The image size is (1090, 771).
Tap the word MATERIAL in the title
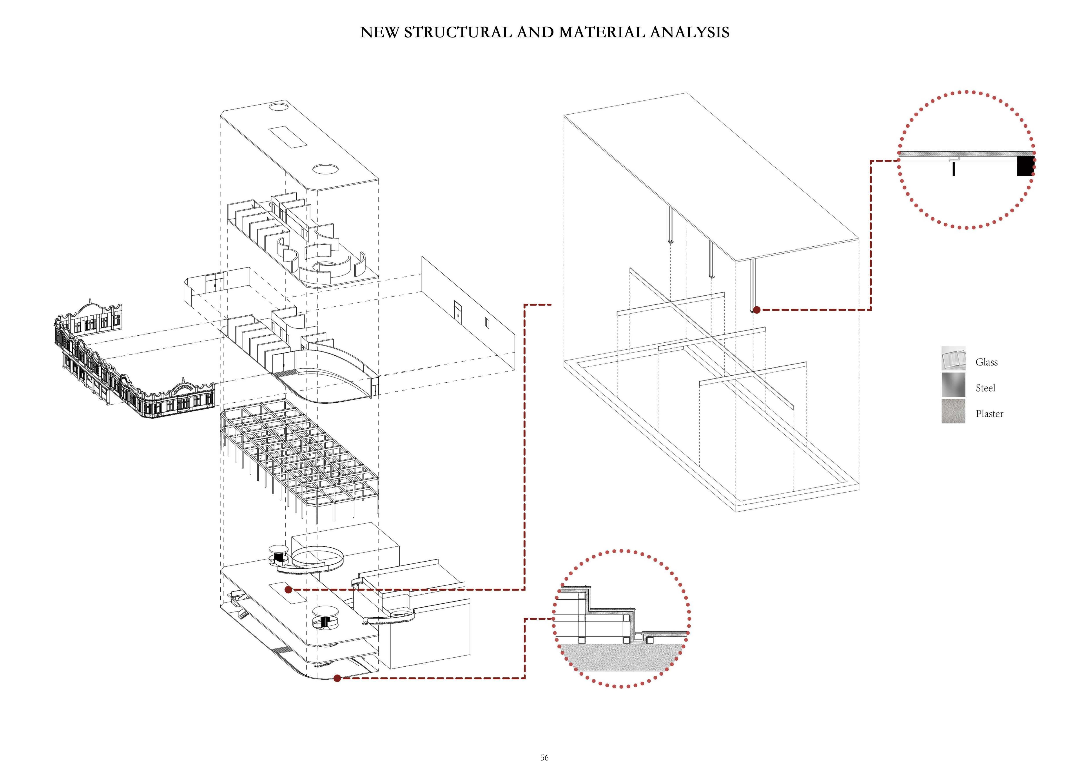click(x=601, y=32)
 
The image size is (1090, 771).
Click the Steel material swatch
click(x=953, y=385)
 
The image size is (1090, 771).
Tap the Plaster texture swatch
click(x=953, y=411)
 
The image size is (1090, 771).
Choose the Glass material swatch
click(x=953, y=358)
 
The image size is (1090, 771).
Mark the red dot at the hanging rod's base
click(x=757, y=310)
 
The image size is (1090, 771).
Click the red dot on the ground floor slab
click(x=288, y=590)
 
